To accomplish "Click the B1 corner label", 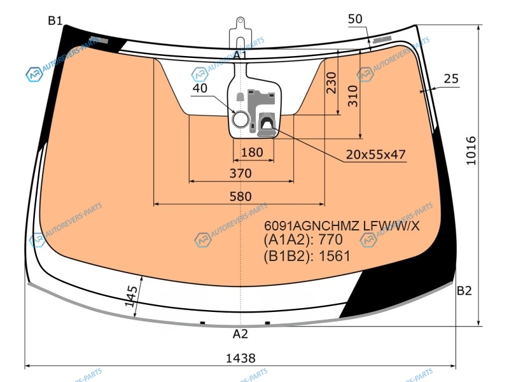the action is coord(55,21).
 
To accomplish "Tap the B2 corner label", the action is coord(464,290).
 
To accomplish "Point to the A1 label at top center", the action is coord(241,55).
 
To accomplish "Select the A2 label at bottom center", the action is coord(241,334).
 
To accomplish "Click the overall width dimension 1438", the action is coord(241,358).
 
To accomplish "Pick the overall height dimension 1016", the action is coord(471,151).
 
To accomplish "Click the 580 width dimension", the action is coord(241,196).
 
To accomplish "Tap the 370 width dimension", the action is coord(241,173).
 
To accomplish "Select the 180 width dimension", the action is coord(252,152).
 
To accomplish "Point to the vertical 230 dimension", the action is coord(331,83).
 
